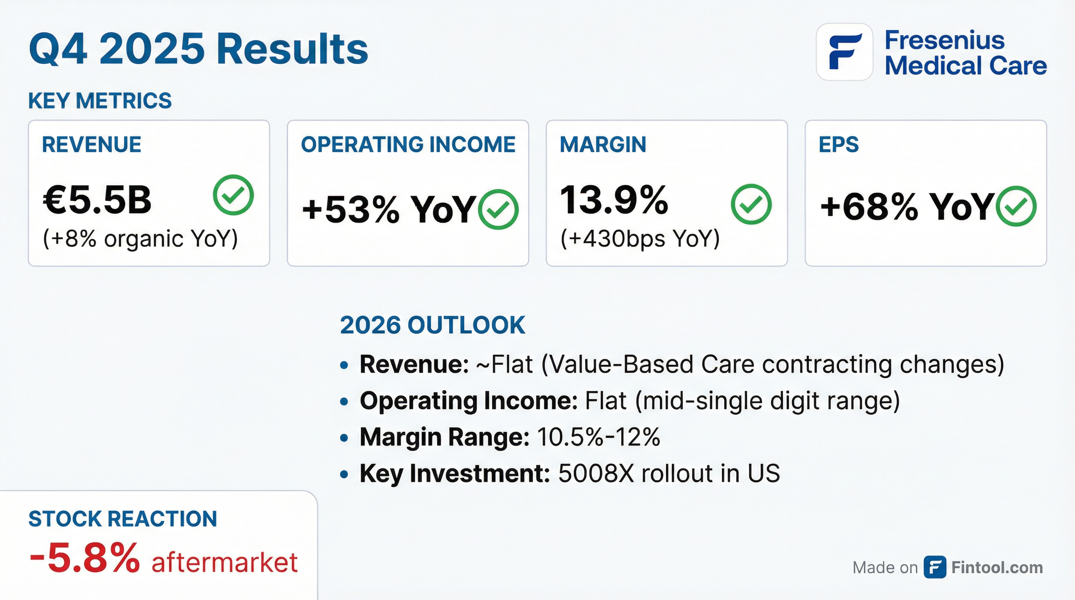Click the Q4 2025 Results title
(198, 49)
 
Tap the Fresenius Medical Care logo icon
(845, 52)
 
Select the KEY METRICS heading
(100, 100)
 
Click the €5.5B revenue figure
(97, 200)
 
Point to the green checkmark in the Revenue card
(233, 195)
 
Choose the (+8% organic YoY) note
(140, 239)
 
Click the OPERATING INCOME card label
(408, 145)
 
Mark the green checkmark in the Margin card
(751, 204)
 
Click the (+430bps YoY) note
(640, 239)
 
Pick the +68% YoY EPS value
(906, 207)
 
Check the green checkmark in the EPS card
(1016, 206)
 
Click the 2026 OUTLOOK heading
(432, 325)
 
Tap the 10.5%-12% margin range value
(598, 437)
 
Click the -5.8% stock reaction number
(85, 558)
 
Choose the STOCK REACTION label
(123, 519)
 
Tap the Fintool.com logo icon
(935, 568)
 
